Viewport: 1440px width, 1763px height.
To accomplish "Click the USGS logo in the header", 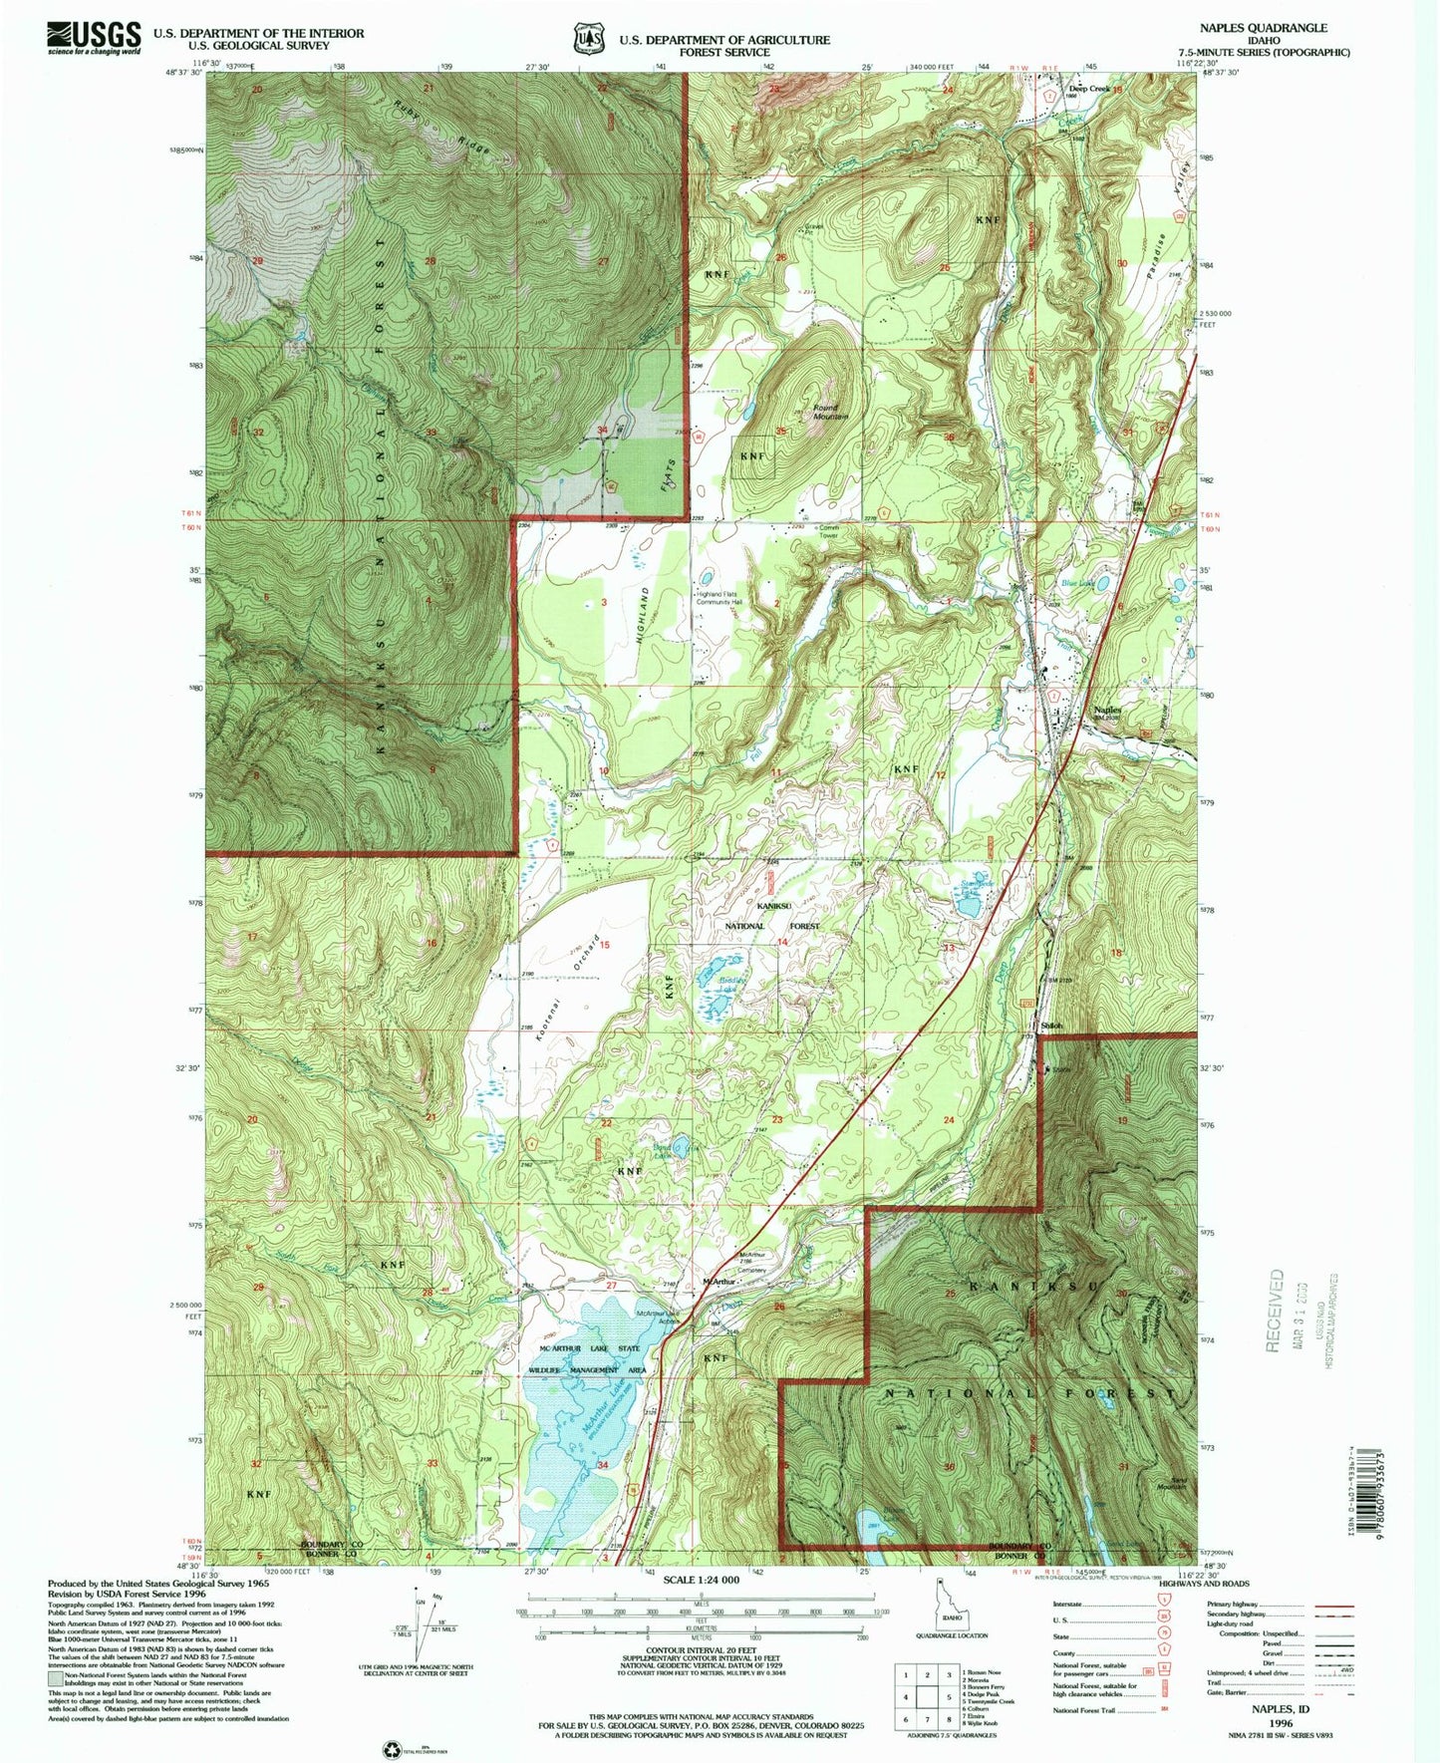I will [x=94, y=38].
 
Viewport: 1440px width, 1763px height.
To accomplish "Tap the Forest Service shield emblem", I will [x=588, y=39].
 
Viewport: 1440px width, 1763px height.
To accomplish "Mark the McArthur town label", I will [x=720, y=1282].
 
